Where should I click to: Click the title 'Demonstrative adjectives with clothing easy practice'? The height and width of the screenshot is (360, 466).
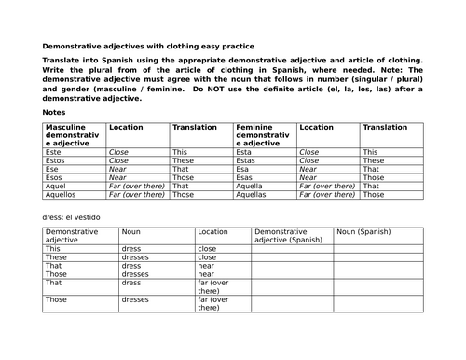coord(147,46)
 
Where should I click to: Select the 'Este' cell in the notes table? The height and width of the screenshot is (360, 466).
coord(56,151)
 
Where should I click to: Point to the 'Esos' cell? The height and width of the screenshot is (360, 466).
coord(56,177)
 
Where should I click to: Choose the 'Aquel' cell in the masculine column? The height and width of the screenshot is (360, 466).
coord(58,186)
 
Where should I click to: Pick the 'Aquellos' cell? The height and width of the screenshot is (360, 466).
coord(62,195)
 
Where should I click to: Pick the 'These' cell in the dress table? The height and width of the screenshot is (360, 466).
coord(56,258)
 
